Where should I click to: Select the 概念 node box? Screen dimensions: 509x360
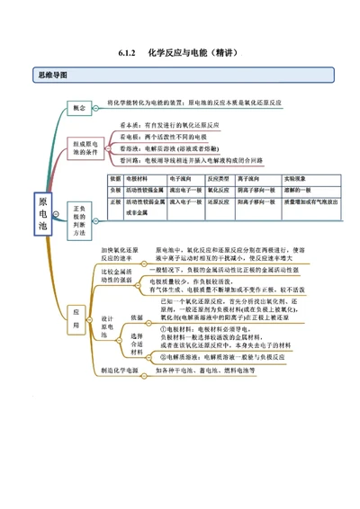point(79,107)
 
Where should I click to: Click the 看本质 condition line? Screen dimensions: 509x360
point(180,126)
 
